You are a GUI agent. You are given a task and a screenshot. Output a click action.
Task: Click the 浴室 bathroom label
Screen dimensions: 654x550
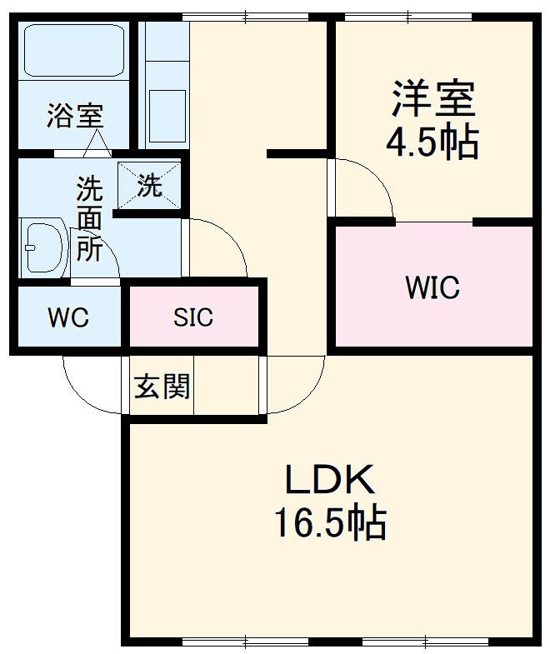click(74, 116)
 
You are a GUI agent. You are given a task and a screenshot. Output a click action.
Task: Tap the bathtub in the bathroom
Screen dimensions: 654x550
click(73, 52)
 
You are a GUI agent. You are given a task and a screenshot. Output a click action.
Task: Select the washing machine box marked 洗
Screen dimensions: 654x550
click(149, 185)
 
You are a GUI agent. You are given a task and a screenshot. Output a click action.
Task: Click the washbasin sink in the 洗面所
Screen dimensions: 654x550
click(44, 247)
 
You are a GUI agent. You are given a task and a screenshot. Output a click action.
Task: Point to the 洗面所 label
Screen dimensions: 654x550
click(89, 218)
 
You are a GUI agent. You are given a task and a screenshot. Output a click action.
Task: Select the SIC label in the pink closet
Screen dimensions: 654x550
click(192, 317)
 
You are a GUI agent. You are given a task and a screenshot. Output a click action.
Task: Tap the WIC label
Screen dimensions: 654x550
click(432, 287)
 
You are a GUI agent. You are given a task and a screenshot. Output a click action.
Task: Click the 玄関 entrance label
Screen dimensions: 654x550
click(162, 386)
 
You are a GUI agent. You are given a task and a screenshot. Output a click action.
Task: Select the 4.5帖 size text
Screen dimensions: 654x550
click(432, 142)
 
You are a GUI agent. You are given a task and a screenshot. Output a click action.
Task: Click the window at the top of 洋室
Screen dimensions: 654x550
click(404, 16)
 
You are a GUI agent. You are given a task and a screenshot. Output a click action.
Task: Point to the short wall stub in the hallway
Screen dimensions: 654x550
click(296, 153)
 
